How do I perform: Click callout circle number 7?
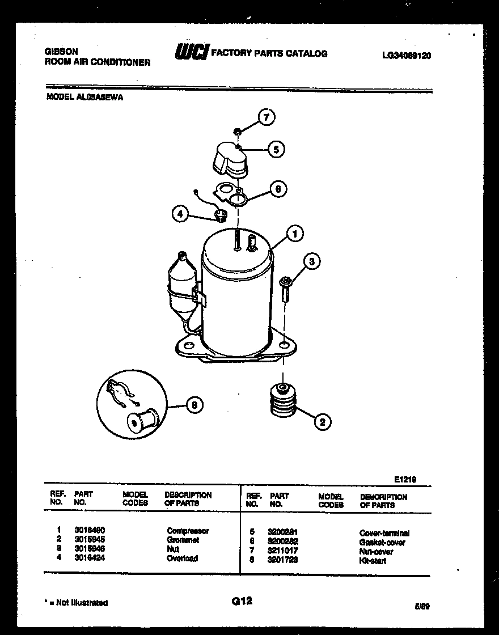pyautogui.click(x=267, y=117)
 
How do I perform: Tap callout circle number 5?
pyautogui.click(x=276, y=150)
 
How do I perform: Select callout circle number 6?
pyautogui.click(x=278, y=189)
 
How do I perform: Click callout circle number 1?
pyautogui.click(x=294, y=232)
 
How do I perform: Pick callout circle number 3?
pyautogui.click(x=311, y=261)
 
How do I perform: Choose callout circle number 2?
pyautogui.click(x=322, y=421)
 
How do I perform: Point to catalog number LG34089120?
pyautogui.click(x=407, y=56)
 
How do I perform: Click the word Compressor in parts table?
pyautogui.click(x=188, y=531)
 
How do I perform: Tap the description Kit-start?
pyautogui.click(x=373, y=561)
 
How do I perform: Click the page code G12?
pyautogui.click(x=242, y=601)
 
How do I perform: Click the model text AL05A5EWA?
pyautogui.click(x=101, y=97)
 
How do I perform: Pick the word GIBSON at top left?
pyautogui.click(x=61, y=51)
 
